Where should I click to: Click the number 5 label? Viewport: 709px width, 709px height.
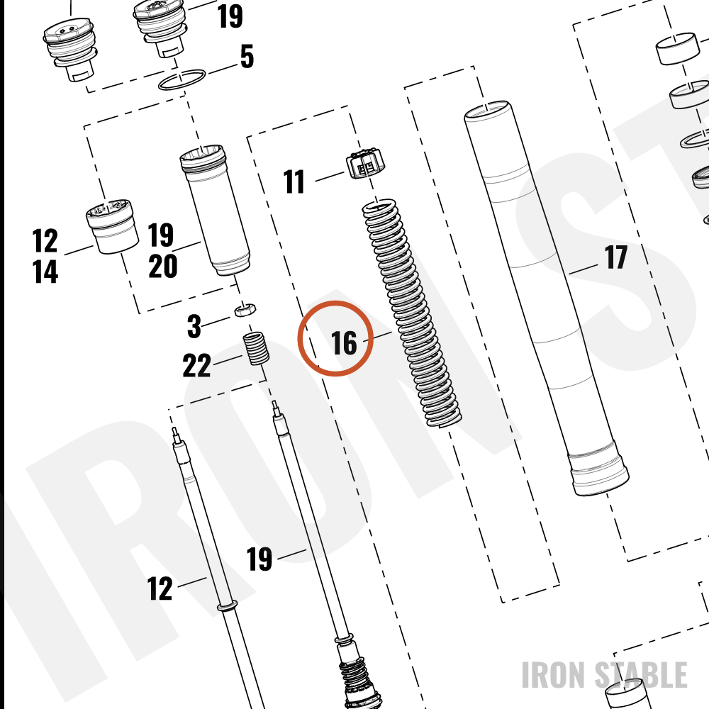point(247,57)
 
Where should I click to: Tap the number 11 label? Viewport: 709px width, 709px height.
point(294,182)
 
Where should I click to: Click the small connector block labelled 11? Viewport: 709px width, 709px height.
point(365,163)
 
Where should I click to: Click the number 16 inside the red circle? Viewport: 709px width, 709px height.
point(344,342)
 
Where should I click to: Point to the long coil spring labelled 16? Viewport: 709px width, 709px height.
point(412,313)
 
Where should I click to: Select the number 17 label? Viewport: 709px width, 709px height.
point(616,257)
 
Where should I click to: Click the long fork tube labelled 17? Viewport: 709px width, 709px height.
point(546,298)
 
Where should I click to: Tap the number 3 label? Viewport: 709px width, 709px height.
point(194,326)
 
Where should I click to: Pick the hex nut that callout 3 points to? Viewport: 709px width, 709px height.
point(245,310)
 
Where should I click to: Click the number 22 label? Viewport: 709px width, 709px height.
point(196,365)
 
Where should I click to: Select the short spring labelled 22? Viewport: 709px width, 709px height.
point(257,348)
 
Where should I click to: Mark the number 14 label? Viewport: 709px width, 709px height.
point(45,272)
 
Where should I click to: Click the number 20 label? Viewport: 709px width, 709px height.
point(163,266)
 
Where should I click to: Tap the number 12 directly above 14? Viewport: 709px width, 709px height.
point(45,240)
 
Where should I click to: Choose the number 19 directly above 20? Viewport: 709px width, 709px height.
point(161,235)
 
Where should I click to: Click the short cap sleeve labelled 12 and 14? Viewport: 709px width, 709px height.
point(112,226)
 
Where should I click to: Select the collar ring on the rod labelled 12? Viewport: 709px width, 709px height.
point(228,605)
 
